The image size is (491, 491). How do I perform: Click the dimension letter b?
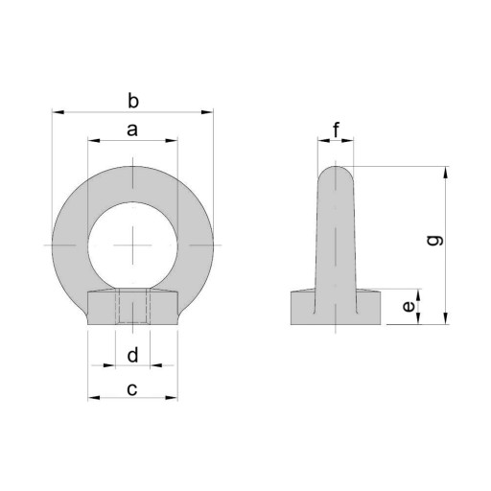click(x=133, y=101)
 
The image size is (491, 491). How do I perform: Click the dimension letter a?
click(x=132, y=130)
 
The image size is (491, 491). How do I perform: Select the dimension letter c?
click(x=132, y=389)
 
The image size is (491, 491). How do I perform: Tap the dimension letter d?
click(x=132, y=355)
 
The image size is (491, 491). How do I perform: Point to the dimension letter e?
click(x=409, y=307)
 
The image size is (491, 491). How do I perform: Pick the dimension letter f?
click(x=336, y=129)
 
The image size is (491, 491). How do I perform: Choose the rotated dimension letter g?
click(x=435, y=241)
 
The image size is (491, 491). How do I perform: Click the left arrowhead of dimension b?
click(x=58, y=112)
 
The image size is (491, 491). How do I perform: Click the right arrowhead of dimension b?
click(x=206, y=112)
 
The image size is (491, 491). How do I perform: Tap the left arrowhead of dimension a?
click(x=94, y=141)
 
